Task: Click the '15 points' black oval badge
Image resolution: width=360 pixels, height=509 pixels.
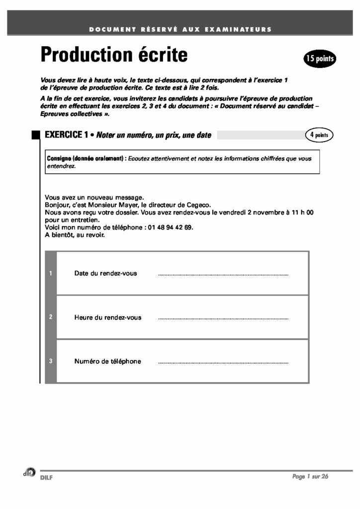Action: [x=320, y=59]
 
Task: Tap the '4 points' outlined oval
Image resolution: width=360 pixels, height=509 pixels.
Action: [x=319, y=135]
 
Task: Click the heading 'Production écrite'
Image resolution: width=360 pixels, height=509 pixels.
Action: [x=114, y=54]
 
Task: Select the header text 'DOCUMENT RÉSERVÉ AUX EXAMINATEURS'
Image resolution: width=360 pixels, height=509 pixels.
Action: [x=180, y=29]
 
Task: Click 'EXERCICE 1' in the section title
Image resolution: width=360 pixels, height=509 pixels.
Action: [x=66, y=135]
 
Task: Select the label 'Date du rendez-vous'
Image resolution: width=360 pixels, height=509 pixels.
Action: [x=105, y=273]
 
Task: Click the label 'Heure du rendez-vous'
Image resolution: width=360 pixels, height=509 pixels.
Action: [x=107, y=318]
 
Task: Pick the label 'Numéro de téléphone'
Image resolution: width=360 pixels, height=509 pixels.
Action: [x=107, y=361]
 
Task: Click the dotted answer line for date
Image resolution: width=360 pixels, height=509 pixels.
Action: [x=223, y=275]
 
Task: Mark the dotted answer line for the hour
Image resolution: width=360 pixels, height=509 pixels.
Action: [x=223, y=319]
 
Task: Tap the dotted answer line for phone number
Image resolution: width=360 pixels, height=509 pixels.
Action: [x=223, y=363]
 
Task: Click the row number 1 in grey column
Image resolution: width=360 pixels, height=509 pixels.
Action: [x=51, y=273]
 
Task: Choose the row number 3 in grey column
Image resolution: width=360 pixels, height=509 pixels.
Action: [x=51, y=361]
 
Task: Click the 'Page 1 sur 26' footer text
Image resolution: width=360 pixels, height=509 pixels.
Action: [x=310, y=477]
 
